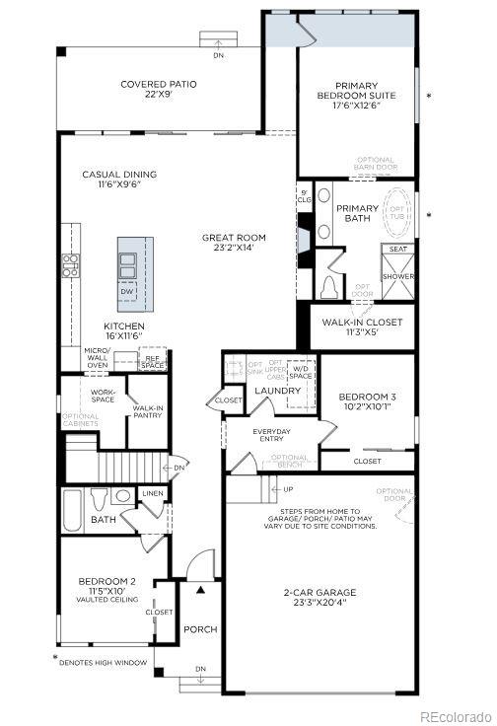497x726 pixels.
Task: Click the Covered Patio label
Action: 158,90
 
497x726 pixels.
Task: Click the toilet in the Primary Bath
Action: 330,287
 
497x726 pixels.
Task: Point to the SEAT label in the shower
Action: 397,250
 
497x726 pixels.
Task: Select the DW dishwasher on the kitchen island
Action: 127,292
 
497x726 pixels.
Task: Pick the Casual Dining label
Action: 119,180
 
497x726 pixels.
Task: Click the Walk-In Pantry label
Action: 147,411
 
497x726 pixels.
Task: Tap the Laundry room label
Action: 277,392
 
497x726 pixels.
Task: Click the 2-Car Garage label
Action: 319,598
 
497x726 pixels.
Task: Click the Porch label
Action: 200,629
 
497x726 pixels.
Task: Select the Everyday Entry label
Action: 272,434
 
